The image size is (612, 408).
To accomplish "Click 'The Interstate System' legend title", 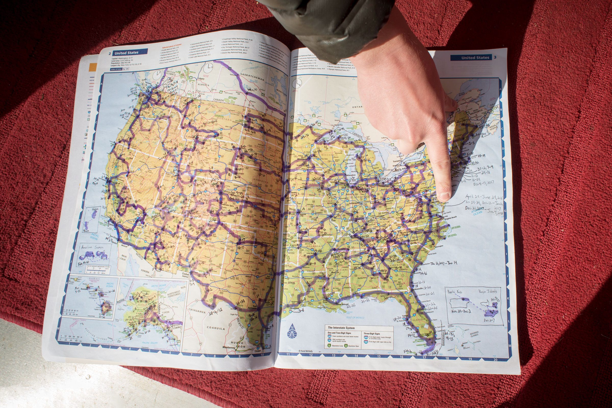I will click(341, 328).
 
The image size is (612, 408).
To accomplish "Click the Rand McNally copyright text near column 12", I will click(305, 351).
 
